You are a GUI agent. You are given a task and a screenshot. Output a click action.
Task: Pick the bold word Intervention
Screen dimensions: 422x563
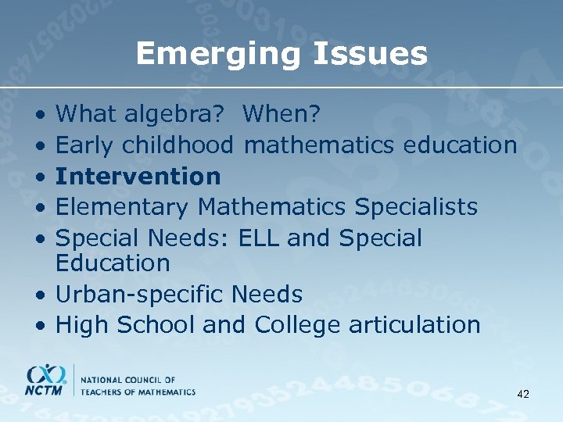(x=138, y=176)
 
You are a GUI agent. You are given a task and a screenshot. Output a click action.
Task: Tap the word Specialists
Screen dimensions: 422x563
(x=416, y=207)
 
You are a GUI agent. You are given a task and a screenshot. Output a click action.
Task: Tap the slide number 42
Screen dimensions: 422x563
(x=523, y=395)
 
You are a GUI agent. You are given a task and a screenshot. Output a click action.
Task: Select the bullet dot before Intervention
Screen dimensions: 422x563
(x=40, y=177)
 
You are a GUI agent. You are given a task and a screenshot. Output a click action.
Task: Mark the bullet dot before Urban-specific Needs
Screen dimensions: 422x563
(x=40, y=295)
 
